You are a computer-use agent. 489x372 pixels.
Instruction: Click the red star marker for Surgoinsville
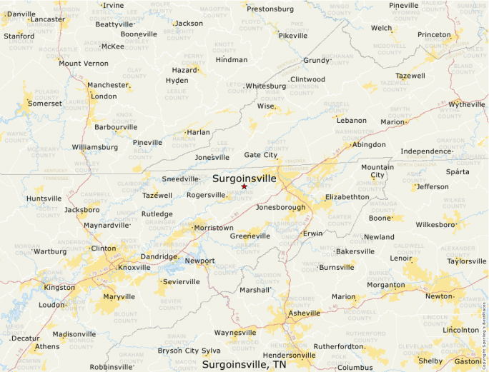pyautogui.click(x=244, y=186)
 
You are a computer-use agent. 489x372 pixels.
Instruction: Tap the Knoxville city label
pyautogui.click(x=134, y=268)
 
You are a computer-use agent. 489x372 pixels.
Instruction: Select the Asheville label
pyautogui.click(x=305, y=313)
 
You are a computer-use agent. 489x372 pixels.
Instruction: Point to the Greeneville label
pyautogui.click(x=250, y=236)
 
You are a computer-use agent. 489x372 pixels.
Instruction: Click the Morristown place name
pyautogui.click(x=214, y=228)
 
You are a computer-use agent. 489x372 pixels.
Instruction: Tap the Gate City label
pyautogui.click(x=261, y=155)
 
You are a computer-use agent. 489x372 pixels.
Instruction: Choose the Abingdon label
pyautogui.click(x=369, y=144)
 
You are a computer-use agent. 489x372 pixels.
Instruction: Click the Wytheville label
pyautogui.click(x=467, y=104)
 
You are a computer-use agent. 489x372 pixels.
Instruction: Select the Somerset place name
pyautogui.click(x=45, y=104)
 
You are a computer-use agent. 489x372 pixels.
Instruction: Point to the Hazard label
pyautogui.click(x=184, y=70)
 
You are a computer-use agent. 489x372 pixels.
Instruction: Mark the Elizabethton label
pyautogui.click(x=347, y=196)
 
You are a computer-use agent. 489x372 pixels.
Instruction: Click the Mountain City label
pyautogui.click(x=377, y=171)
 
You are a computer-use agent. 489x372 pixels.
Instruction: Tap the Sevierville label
pyautogui.click(x=182, y=282)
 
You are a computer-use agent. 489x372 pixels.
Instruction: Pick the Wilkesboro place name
pyautogui.click(x=435, y=224)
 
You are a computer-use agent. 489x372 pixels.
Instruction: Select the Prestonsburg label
pyautogui.click(x=270, y=9)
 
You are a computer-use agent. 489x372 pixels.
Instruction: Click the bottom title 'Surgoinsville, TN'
pyautogui.click(x=244, y=364)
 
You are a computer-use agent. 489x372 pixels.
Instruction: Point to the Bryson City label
pyautogui.click(x=178, y=351)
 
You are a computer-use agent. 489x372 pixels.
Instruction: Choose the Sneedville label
pyautogui.click(x=179, y=179)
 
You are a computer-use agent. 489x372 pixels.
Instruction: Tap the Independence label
pyautogui.click(x=426, y=151)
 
